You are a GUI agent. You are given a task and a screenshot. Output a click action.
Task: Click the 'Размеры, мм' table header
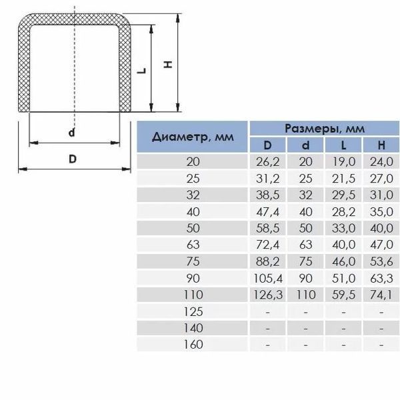[325, 128]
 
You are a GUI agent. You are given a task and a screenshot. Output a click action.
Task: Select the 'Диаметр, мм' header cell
[193, 137]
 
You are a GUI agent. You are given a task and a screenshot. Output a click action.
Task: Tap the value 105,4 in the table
[268, 278]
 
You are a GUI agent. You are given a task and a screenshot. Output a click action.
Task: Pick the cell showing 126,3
[268, 295]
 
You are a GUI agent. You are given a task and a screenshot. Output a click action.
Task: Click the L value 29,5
[343, 195]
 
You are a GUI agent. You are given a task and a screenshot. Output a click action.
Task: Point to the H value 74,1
[381, 295]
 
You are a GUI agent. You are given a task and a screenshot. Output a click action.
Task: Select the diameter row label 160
[193, 345]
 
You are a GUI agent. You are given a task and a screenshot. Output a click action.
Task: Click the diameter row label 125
[193, 312]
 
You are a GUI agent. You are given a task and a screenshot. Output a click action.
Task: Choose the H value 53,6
[381, 262]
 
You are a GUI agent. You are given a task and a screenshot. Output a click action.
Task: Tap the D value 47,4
[268, 212]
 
